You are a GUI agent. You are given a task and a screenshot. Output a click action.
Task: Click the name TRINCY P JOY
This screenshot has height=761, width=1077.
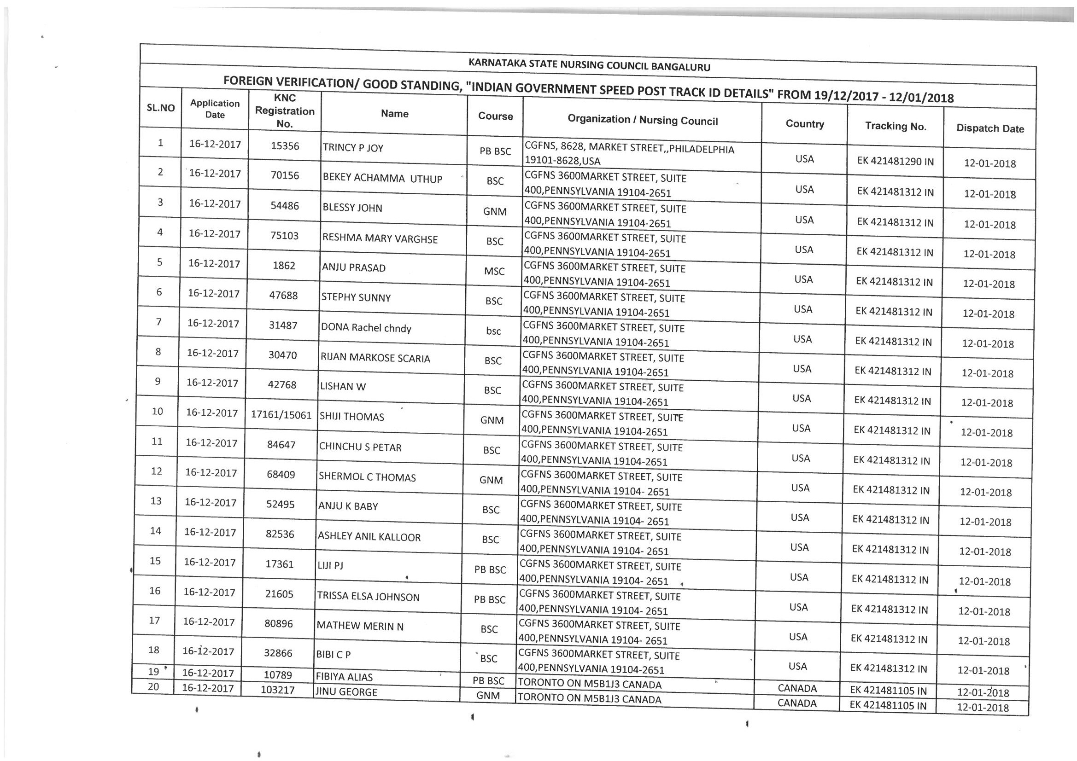353,148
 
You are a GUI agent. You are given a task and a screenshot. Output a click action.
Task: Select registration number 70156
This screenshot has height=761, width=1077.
285,175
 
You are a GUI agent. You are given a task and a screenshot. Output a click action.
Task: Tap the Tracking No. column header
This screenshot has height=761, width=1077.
896,126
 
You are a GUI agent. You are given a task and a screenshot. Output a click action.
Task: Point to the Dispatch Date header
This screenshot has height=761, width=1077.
990,129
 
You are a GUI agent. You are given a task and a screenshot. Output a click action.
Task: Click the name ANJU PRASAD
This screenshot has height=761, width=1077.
353,268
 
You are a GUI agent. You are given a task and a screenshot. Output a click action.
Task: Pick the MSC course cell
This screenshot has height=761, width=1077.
494,272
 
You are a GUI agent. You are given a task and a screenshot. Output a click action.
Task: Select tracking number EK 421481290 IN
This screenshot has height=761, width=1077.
895,162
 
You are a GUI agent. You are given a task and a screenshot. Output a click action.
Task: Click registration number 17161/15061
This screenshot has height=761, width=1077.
281,415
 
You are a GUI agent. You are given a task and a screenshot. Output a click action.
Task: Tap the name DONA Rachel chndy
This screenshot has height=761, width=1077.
366,328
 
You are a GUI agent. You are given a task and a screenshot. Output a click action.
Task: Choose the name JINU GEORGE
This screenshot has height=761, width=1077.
345,692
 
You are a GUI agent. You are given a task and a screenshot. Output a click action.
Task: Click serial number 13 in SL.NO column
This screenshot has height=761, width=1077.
156,501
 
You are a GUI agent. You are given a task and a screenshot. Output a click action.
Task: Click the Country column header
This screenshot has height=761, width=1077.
804,124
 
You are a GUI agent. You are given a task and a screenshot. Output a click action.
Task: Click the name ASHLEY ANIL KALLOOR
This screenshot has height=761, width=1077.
369,537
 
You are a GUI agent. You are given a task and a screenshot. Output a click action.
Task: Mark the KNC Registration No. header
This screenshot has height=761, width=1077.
285,111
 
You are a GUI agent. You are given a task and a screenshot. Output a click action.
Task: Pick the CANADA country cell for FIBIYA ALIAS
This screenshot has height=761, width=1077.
797,688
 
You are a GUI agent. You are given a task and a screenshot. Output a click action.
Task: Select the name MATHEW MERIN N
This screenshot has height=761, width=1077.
360,626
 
